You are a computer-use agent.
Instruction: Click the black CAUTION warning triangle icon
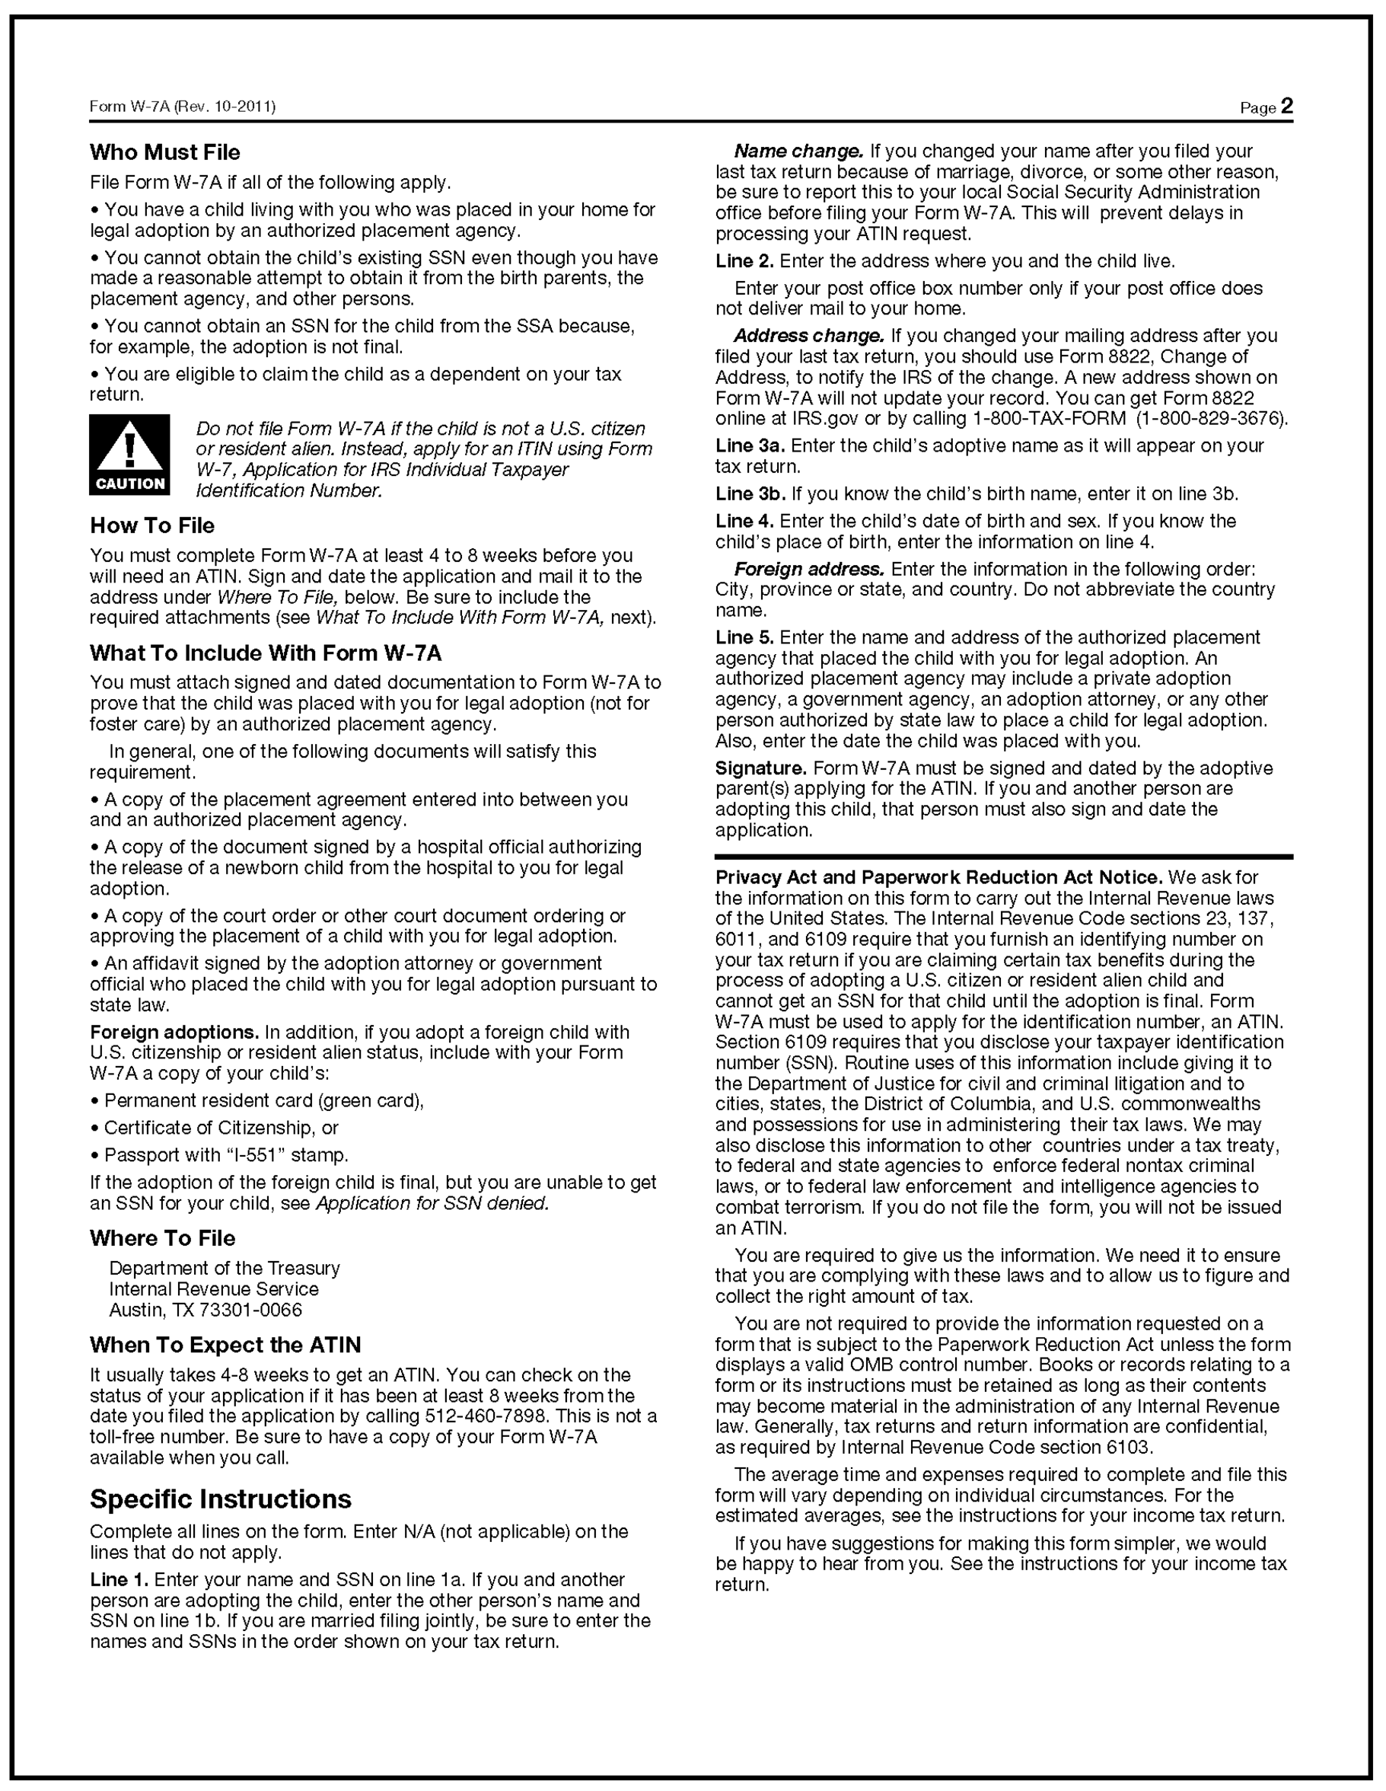tap(129, 455)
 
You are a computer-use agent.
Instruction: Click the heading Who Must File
tap(164, 152)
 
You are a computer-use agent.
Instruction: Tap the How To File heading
tap(151, 525)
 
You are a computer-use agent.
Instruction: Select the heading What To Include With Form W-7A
tap(266, 653)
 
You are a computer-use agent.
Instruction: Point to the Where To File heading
tap(162, 1238)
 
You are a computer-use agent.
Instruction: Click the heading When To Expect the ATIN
tap(225, 1345)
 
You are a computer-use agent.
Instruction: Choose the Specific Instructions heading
tap(221, 1499)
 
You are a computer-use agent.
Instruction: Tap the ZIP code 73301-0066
tap(251, 1310)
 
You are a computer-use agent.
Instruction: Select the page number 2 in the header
tap(1287, 106)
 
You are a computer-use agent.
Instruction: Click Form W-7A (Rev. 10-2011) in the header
tap(182, 107)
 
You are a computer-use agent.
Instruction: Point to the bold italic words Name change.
tap(798, 151)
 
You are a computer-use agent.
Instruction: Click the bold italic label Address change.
tap(809, 335)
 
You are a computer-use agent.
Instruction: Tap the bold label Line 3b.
tap(750, 493)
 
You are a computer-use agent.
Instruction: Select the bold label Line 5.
tap(744, 637)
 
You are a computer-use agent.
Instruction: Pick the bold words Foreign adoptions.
tap(174, 1032)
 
